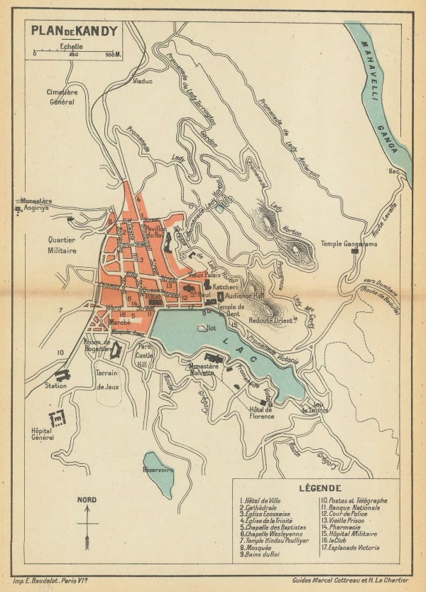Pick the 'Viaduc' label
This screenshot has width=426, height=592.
pyautogui.click(x=143, y=81)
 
